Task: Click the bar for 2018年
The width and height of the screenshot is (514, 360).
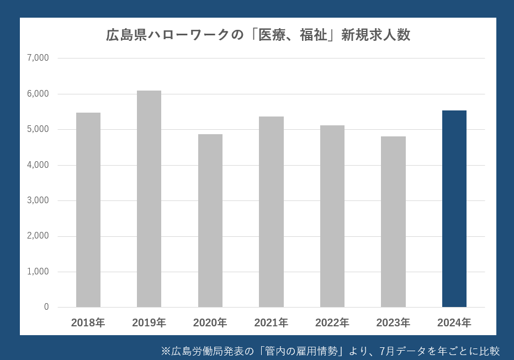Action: (x=88, y=210)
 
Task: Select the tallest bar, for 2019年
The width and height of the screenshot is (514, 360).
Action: (x=149, y=199)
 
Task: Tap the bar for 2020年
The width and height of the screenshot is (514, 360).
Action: (x=210, y=221)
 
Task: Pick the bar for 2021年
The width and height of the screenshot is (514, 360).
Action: (x=271, y=212)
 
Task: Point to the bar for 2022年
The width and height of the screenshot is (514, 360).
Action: (x=332, y=216)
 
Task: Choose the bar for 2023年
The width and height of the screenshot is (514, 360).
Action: (x=393, y=222)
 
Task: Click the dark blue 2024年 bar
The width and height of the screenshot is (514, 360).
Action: (x=454, y=209)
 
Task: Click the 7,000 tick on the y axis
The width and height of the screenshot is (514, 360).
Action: (x=38, y=58)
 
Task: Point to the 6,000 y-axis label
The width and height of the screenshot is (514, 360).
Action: (x=38, y=94)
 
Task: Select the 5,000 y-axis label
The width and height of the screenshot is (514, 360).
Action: (x=38, y=129)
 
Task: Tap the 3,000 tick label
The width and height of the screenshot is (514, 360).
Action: (x=38, y=200)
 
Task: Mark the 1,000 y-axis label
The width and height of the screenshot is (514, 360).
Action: (x=38, y=272)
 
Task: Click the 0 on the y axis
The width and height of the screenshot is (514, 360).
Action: (x=46, y=307)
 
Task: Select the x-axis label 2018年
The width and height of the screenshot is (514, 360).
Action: (x=88, y=322)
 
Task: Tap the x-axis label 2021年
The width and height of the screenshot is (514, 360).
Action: (x=271, y=322)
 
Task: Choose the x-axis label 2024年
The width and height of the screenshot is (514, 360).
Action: (x=454, y=322)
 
